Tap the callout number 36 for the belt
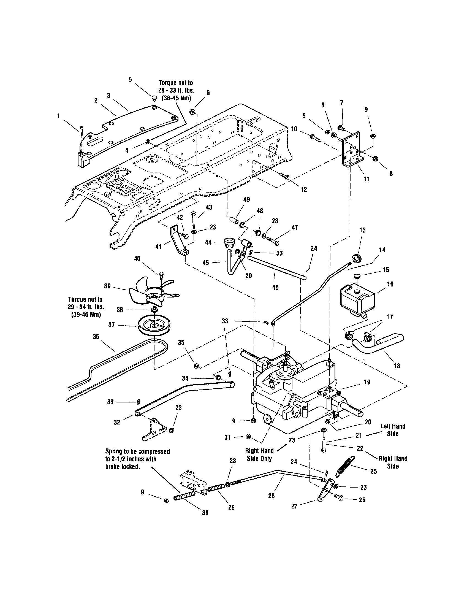[x=96, y=337]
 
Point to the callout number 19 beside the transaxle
[x=367, y=382]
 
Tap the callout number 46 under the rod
[x=275, y=287]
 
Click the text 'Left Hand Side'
[x=393, y=430]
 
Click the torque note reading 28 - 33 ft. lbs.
[x=175, y=90]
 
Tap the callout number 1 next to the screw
[x=59, y=116]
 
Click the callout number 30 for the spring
[x=205, y=513]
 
